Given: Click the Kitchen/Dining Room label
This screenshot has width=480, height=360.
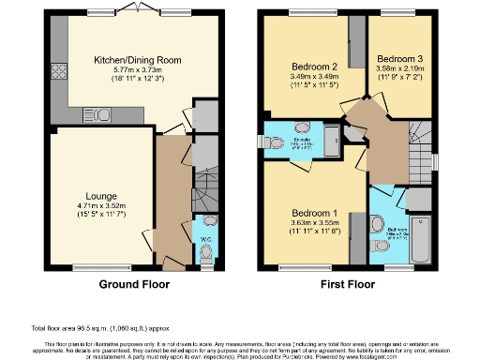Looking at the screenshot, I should click(137, 60).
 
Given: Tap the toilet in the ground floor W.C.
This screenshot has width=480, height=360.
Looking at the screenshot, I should click(207, 252).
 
